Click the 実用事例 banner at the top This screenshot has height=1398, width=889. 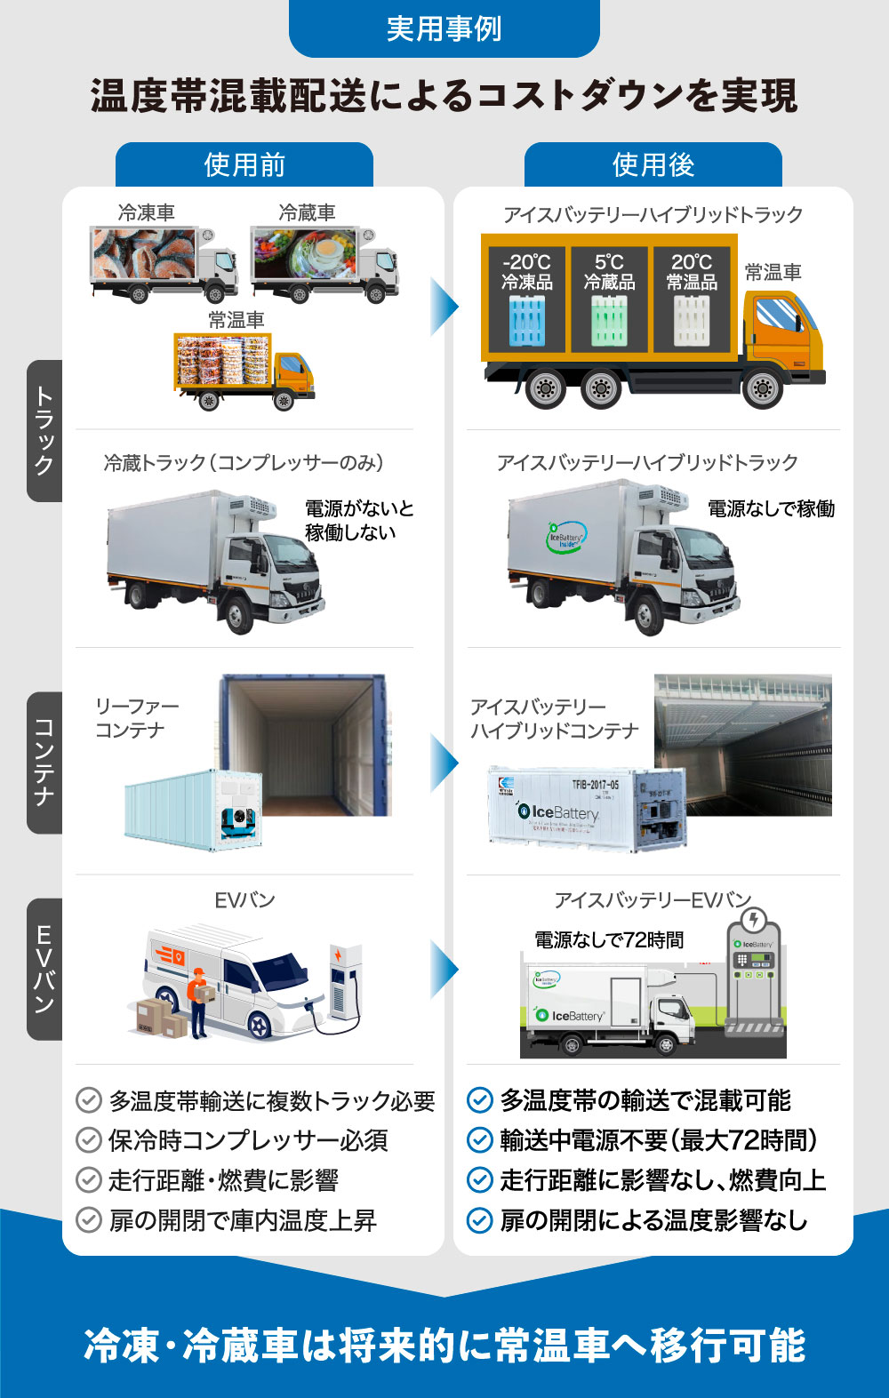click(x=444, y=28)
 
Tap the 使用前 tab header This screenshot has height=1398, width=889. click(x=244, y=164)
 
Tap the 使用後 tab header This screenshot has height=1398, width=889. click(x=653, y=164)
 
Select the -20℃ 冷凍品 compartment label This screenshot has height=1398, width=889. click(x=526, y=272)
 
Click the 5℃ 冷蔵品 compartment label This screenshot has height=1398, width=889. click(x=609, y=272)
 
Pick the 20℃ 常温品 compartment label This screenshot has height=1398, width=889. click(x=692, y=272)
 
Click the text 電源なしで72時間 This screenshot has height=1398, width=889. click(x=609, y=940)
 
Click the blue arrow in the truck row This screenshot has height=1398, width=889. click(x=444, y=307)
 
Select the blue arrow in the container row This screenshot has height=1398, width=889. click(x=444, y=763)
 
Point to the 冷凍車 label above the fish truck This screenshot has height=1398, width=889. click(x=147, y=213)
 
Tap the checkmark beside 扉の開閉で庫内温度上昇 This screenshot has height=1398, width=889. click(x=89, y=1219)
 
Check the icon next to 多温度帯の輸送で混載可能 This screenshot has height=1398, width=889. click(x=480, y=1100)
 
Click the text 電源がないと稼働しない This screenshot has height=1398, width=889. click(x=358, y=521)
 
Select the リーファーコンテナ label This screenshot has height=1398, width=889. click(x=137, y=718)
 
